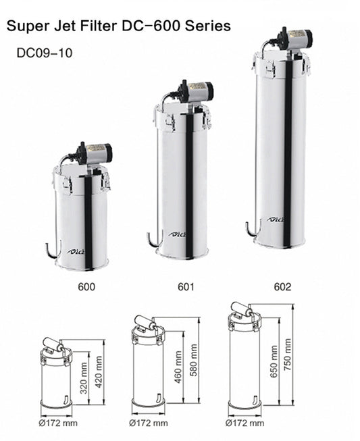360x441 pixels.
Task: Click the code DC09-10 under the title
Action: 45,53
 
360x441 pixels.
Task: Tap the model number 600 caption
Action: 86,287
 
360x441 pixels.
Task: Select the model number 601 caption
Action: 186,287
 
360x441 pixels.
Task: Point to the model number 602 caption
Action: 282,287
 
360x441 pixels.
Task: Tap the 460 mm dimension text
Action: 178,367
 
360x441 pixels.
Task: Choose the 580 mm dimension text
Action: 193,361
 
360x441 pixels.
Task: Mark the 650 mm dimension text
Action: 274,361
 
